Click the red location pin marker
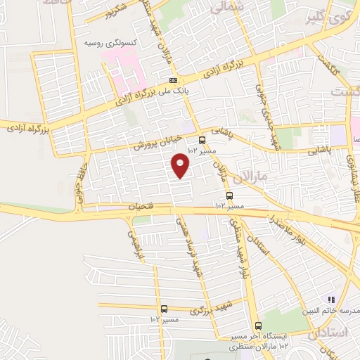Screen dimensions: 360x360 pyautogui.click(x=182, y=165)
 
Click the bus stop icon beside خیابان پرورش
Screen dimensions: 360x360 pyautogui.click(x=202, y=139)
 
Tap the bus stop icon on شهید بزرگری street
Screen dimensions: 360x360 pyautogui.click(x=164, y=309)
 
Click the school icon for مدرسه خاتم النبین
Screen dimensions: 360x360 pyautogui.click(x=331, y=300)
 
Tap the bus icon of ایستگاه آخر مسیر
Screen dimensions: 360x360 pyautogui.click(x=258, y=326)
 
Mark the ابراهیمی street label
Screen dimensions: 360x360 pyautogui.click(x=138, y=243)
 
